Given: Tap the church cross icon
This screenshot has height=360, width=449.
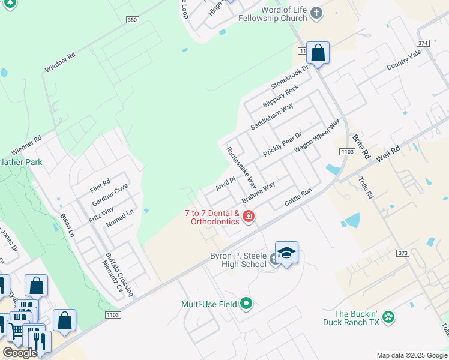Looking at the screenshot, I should tap(318, 13).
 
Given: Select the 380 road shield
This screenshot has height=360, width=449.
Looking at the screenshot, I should tap(132, 20).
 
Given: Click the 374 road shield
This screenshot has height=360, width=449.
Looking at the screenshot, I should tap(423, 43).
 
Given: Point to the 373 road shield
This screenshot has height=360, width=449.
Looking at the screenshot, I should tap(403, 253).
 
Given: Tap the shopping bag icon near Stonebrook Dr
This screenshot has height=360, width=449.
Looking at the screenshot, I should tap(318, 53).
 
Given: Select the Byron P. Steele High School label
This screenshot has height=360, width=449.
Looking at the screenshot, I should tap(238, 260).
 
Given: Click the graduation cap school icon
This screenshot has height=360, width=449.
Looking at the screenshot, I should tap(286, 253).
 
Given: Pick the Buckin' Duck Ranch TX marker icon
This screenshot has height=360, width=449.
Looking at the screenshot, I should tap(388, 316).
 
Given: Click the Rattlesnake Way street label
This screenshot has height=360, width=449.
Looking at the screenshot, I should tap(241, 168).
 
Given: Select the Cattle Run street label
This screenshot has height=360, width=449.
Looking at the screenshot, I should tap(298, 199).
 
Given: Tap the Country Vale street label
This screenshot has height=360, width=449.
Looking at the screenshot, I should tap(404, 59).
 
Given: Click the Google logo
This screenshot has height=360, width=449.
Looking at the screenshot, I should tap(19, 353).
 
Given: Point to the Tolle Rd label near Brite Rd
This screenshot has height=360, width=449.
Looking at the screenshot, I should tap(366, 188).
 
